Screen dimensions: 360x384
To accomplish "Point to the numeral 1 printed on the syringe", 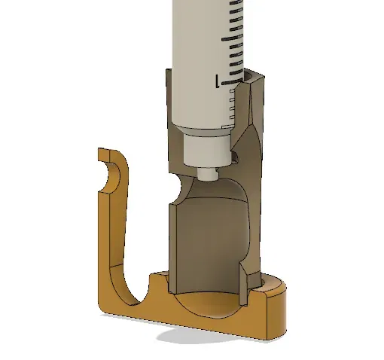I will [218, 81].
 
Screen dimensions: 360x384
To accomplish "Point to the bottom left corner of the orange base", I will [102, 305].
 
